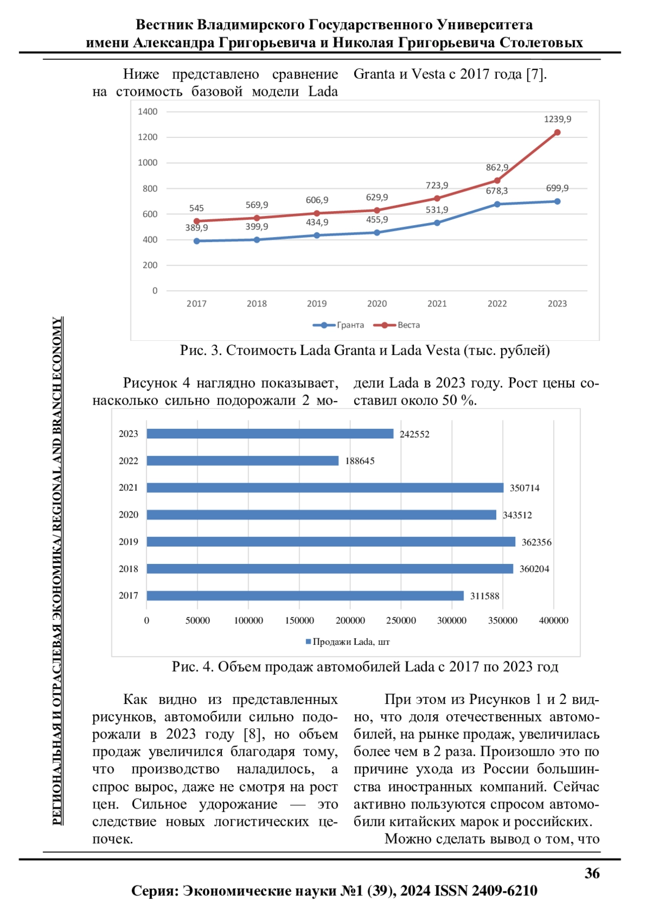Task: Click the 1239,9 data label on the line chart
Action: tap(557, 119)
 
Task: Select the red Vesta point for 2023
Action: tap(557, 132)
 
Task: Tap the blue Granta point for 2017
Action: tap(196, 241)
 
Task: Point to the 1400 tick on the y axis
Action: tap(148, 111)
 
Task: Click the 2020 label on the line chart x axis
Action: tap(377, 304)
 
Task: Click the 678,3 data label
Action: tap(496, 191)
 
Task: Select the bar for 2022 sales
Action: tap(242, 461)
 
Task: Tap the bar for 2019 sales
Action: tap(331, 542)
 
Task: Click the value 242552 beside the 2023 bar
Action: tap(415, 435)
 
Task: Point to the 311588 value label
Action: tap(484, 596)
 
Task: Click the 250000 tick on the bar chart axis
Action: tap(401, 620)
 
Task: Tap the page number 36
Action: tap(592, 874)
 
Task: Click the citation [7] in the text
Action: tap(535, 74)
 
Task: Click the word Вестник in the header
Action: tap(164, 25)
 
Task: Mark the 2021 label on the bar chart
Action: tap(128, 488)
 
